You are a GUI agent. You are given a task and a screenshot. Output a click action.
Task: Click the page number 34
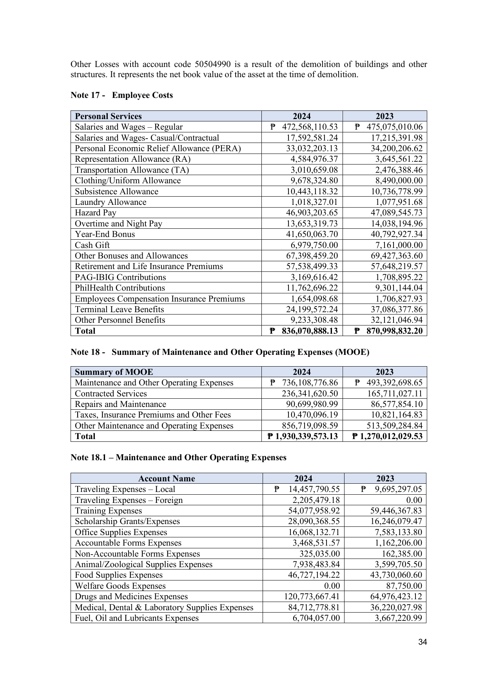423,642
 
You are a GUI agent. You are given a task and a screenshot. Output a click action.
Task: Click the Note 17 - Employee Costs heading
121,95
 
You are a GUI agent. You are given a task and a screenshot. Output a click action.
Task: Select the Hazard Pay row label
96,213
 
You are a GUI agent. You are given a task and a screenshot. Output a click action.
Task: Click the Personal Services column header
108,116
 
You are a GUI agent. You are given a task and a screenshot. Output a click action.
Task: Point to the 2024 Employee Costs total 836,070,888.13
309,331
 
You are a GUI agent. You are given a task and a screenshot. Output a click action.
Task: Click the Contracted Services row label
111,394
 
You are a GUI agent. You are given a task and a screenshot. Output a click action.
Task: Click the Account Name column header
167,479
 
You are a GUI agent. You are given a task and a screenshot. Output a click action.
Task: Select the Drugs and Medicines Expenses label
131,597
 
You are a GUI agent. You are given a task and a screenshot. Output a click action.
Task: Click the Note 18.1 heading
178,457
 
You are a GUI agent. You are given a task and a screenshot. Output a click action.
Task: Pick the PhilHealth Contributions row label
120,288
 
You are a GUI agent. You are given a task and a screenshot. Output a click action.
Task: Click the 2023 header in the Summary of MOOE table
384,372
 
